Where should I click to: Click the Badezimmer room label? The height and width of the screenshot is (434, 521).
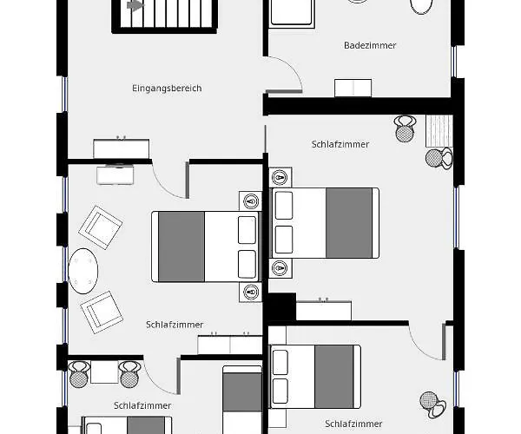click(x=370, y=45)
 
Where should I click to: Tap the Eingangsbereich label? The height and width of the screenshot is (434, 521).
click(x=167, y=89)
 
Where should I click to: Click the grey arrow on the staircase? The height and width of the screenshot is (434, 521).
click(x=135, y=6)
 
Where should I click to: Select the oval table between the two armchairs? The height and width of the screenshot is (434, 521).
click(x=83, y=271)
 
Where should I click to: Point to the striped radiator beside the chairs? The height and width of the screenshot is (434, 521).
click(x=439, y=131)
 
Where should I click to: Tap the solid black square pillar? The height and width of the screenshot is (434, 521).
click(x=281, y=306)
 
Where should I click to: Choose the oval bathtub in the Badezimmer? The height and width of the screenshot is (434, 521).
click(x=422, y=6)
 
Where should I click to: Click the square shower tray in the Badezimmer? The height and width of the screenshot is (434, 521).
click(x=292, y=13)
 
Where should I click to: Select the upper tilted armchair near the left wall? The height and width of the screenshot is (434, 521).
click(x=101, y=227)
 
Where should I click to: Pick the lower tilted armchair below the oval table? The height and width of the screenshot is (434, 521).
click(x=102, y=312)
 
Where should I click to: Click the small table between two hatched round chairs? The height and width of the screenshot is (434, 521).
click(x=104, y=372)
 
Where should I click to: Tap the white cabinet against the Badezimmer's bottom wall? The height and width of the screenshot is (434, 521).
click(x=353, y=88)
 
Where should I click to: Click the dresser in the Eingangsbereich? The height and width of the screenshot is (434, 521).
click(x=122, y=148)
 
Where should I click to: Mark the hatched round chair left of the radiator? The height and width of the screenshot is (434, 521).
click(x=405, y=128)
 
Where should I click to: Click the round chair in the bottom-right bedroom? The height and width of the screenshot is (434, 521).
click(x=432, y=404)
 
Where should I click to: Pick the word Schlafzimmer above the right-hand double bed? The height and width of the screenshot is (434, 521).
click(x=340, y=144)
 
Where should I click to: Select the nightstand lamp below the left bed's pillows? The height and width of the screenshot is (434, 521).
click(x=251, y=293)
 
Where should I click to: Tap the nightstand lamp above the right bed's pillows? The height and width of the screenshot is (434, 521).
click(x=280, y=178)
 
